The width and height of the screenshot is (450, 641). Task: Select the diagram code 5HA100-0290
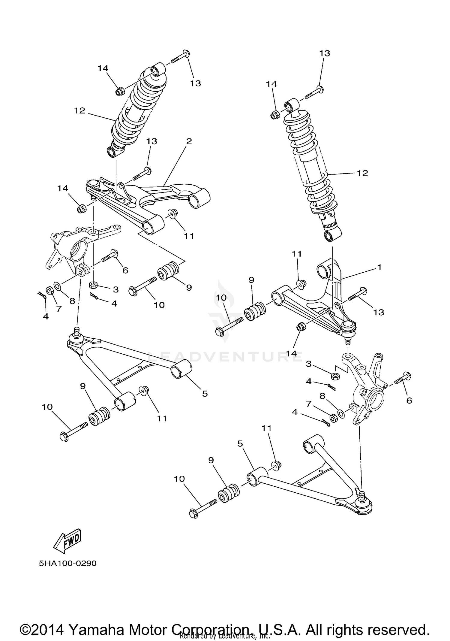coord(67,563)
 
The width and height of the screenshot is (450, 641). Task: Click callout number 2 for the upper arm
coord(189,141)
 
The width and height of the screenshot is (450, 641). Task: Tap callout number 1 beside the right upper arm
coord(379,267)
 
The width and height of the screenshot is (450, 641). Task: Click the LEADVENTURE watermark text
coord(225,357)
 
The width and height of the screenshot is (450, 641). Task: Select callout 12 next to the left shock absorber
coord(79,111)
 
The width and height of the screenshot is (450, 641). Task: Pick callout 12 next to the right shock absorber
coord(362,173)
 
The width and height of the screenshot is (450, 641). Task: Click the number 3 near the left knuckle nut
coord(116,289)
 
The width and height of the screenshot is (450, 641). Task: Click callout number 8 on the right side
coord(322,396)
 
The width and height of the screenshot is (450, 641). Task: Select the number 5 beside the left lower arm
coord(205,393)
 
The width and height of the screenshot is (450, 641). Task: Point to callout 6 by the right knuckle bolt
coord(409,400)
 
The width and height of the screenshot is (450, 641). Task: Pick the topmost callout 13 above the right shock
coord(325,53)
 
